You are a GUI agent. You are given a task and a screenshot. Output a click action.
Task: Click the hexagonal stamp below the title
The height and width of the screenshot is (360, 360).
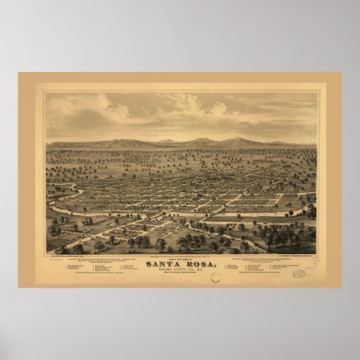(x=215, y=277)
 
